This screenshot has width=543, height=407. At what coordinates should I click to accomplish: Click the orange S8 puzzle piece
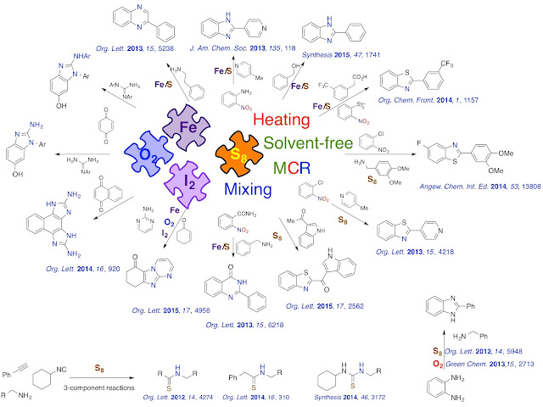pos(239,149)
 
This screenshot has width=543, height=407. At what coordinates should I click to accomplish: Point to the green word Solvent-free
pos(311,143)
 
